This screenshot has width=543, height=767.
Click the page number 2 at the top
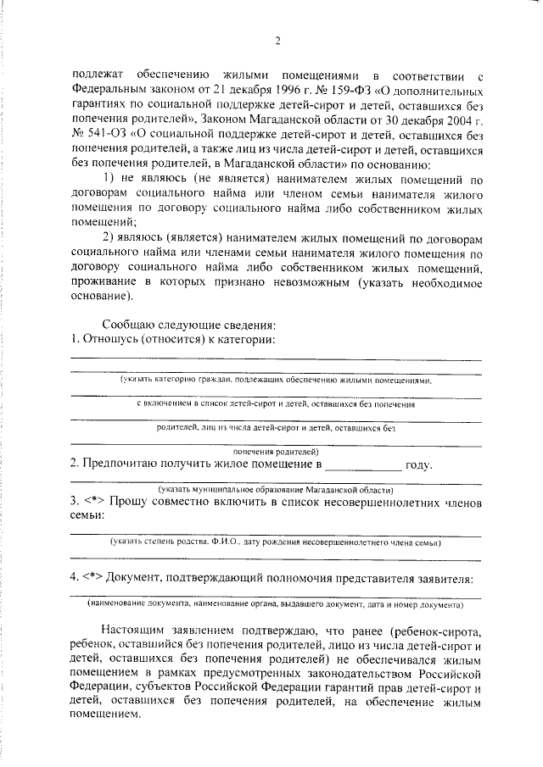(x=277, y=39)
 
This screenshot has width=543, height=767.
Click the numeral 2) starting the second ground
(x=109, y=236)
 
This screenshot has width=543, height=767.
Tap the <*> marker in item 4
(x=93, y=578)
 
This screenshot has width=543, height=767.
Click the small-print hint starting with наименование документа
(x=275, y=606)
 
